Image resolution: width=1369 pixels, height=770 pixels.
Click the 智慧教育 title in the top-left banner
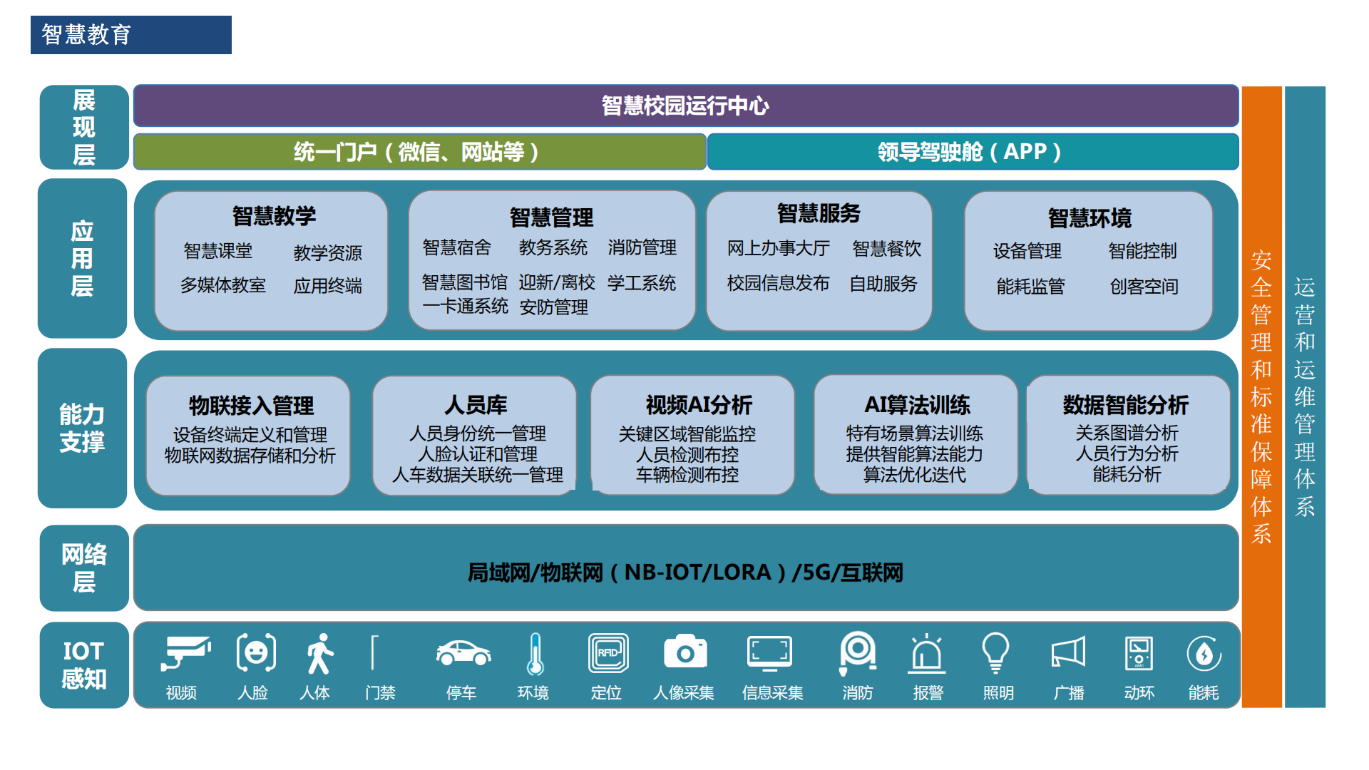[86, 34]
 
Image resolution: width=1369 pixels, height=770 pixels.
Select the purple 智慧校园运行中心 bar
[685, 106]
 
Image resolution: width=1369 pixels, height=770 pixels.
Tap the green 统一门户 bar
[420, 152]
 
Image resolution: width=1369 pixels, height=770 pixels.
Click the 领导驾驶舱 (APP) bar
[973, 152]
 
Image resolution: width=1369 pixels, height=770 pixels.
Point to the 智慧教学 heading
[274, 215]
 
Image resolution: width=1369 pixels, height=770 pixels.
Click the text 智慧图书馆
[464, 282]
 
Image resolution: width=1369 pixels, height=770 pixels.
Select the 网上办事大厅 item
[778, 248]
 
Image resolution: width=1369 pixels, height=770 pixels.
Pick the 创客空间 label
[1144, 287]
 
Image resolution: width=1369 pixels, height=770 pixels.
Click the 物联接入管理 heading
[251, 406]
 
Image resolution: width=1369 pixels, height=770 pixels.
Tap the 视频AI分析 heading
[699, 405]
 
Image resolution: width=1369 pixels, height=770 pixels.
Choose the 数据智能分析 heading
[1125, 405]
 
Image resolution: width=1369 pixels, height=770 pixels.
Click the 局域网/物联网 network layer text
[685, 572]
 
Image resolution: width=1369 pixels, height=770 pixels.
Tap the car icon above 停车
[463, 652]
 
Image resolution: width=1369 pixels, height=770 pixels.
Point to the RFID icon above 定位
[608, 653]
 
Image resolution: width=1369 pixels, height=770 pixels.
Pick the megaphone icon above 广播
[1068, 652]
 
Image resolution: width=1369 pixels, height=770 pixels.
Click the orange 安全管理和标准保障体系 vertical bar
[1261, 396]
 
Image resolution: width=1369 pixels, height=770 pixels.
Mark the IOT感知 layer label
[83, 664]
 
